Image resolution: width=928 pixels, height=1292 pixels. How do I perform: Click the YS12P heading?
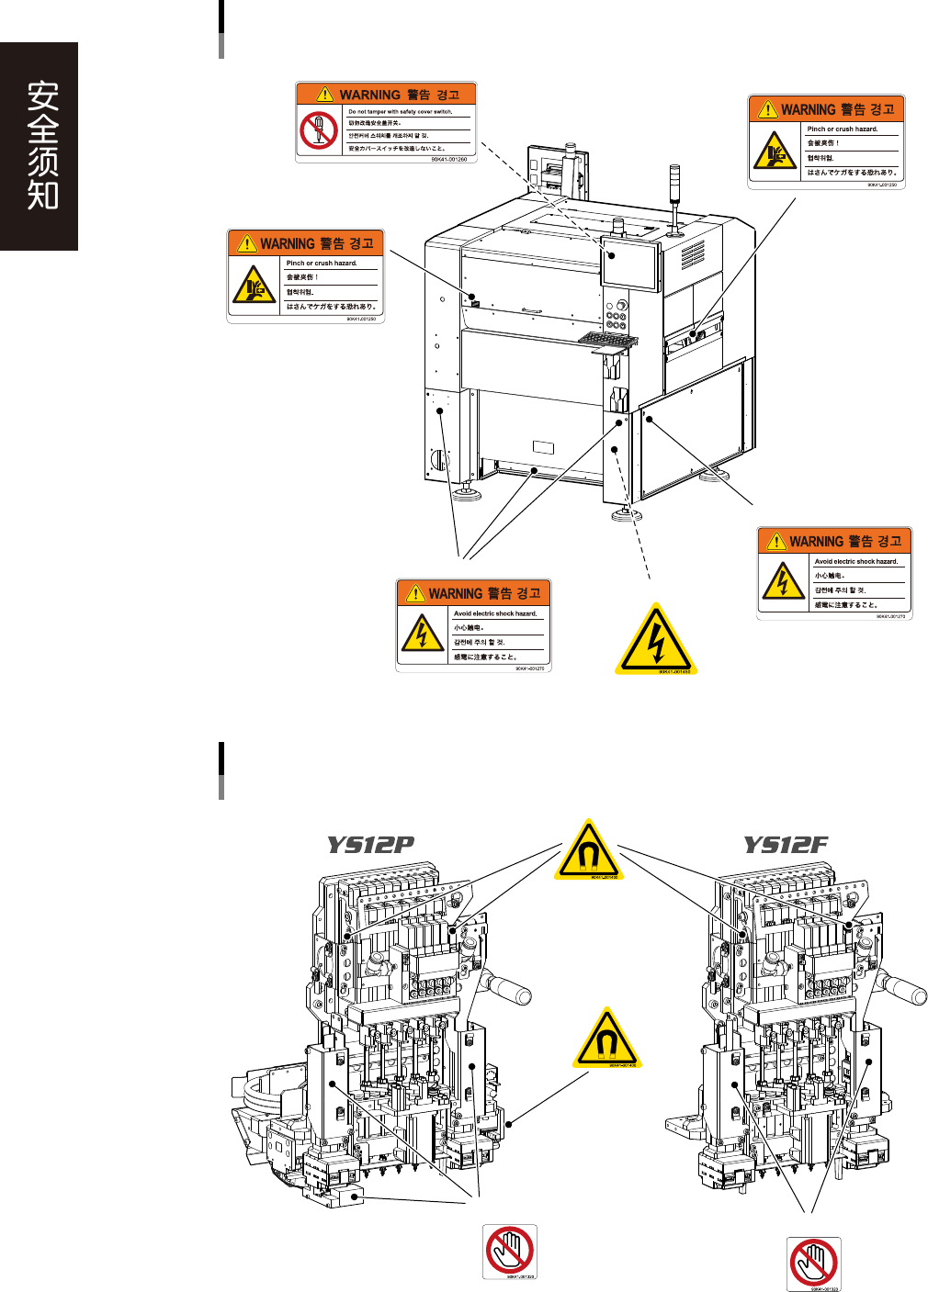click(x=370, y=845)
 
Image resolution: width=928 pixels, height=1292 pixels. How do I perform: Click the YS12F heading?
click(x=786, y=845)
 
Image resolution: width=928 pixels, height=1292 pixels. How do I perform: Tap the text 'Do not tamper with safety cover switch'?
click(x=401, y=112)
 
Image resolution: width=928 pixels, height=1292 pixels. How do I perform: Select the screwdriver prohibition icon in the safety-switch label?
click(x=319, y=129)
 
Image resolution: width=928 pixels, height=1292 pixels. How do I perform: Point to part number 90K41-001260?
click(x=448, y=159)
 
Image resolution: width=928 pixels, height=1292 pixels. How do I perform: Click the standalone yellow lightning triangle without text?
click(x=655, y=641)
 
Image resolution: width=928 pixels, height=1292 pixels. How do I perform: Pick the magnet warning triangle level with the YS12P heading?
click(x=589, y=849)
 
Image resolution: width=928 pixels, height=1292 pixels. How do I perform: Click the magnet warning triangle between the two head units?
click(x=606, y=1039)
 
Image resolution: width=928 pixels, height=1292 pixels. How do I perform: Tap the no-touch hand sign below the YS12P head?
click(x=510, y=1250)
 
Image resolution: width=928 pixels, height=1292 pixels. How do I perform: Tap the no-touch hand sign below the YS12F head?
click(x=813, y=1263)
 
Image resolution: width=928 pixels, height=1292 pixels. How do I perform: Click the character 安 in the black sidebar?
click(x=42, y=95)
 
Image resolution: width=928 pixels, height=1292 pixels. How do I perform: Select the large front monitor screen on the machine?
click(x=630, y=266)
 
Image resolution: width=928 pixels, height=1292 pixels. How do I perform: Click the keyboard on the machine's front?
click(x=608, y=341)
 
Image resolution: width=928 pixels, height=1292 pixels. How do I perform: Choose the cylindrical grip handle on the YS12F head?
click(x=905, y=988)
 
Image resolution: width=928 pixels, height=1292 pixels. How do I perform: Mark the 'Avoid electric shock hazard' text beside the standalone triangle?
click(x=495, y=613)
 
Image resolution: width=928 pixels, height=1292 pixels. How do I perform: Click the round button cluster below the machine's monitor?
click(x=617, y=318)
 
